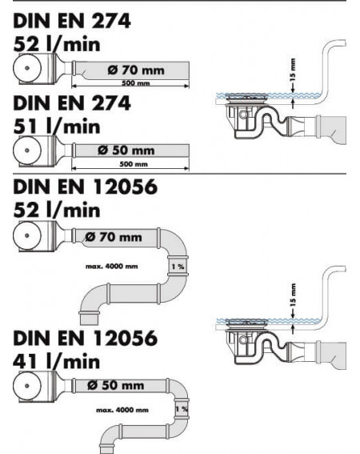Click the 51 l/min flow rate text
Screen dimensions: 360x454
point(57,127)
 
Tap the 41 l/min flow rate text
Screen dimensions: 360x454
point(57,361)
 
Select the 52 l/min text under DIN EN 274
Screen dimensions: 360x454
point(57,44)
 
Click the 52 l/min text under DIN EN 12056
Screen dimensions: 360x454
point(57,210)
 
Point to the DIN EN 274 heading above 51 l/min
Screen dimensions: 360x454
point(72,103)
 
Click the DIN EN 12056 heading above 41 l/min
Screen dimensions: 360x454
point(85,338)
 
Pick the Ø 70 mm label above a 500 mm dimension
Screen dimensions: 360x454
point(136,70)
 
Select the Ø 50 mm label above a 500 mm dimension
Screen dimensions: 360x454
point(126,151)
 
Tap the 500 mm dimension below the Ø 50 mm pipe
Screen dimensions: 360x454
point(134,164)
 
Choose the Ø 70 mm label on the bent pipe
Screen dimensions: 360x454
point(114,237)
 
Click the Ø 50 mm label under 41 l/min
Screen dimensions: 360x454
point(115,385)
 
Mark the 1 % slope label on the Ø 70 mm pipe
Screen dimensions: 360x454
point(178,267)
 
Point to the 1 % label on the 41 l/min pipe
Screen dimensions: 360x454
point(182,409)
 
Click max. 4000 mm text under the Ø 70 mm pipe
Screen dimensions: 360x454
point(112,266)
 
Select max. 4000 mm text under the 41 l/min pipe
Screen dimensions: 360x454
point(122,410)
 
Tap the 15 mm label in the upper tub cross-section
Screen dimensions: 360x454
point(293,70)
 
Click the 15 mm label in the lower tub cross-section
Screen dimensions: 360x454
point(293,295)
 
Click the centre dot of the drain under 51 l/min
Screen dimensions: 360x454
point(27,151)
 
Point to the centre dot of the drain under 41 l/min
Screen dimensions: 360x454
point(27,386)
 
